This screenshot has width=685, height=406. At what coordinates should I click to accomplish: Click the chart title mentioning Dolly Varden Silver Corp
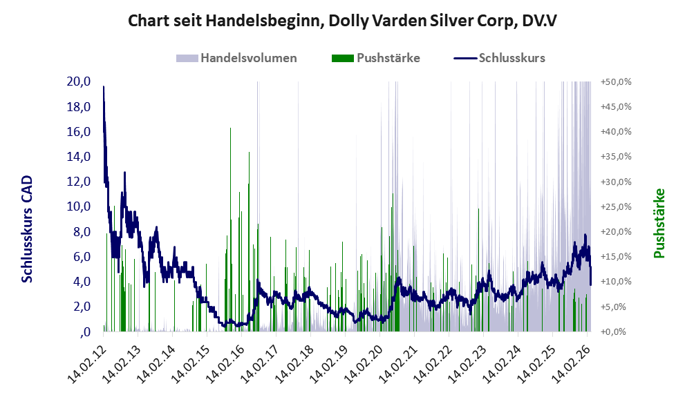click(x=342, y=21)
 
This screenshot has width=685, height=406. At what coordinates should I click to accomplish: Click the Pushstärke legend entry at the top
click(x=388, y=58)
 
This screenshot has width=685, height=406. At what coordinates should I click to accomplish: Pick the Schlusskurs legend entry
click(x=512, y=58)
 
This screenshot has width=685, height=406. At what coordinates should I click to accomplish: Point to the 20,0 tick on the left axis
click(x=79, y=81)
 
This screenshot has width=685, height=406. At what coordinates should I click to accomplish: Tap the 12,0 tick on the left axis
click(x=79, y=182)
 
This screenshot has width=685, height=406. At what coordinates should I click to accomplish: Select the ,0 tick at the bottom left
click(x=85, y=332)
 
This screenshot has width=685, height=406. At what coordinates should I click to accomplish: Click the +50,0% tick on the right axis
click(x=616, y=81)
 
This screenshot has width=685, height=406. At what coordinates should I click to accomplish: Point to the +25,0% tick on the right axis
click(x=616, y=206)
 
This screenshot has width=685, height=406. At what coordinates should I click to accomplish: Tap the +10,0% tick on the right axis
click(x=616, y=282)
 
